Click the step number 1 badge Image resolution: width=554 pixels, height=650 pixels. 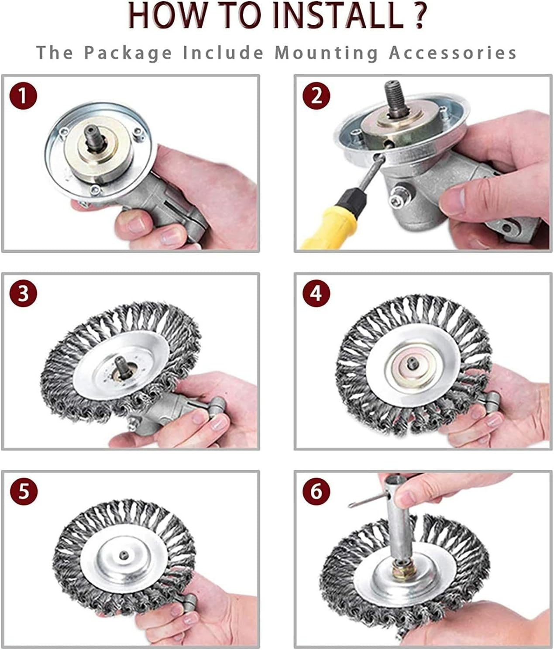pyautogui.click(x=23, y=96)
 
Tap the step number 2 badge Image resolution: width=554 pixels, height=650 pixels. pyautogui.click(x=317, y=96)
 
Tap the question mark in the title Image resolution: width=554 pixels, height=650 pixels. pyautogui.click(x=418, y=16)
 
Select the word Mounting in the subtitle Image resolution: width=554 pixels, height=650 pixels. pyautogui.click(x=327, y=53)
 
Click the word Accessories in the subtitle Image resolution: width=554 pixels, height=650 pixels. pyautogui.click(x=453, y=52)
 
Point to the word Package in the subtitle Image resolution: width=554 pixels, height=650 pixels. pyautogui.click(x=128, y=53)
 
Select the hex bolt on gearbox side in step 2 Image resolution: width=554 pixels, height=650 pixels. pyautogui.click(x=400, y=197)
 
